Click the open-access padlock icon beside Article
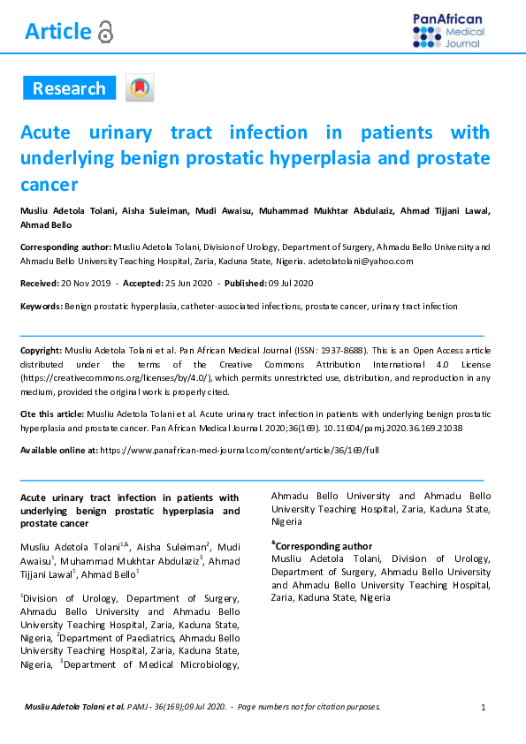point(106,33)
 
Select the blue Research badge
point(69,88)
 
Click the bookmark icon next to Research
point(140,88)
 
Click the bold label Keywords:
point(41,306)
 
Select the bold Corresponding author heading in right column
point(323,546)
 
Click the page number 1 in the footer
point(484,707)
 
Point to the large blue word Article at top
point(57,32)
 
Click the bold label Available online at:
point(58,450)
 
